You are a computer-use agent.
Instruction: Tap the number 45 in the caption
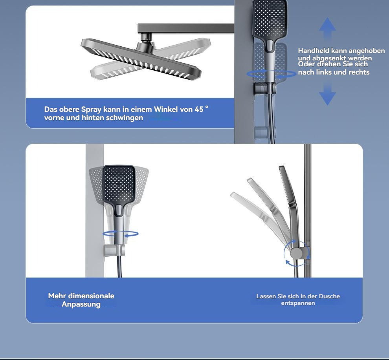tap(199, 110)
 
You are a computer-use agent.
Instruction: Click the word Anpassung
tap(81, 304)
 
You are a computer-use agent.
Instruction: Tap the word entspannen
tap(298, 303)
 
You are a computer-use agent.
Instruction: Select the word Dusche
tap(329, 296)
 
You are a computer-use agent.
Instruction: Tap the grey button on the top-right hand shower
tap(270, 45)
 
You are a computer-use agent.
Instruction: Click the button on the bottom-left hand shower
tap(119, 210)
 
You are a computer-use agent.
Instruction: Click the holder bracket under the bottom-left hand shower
tap(114, 250)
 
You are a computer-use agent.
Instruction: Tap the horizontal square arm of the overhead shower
tap(186, 28)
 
